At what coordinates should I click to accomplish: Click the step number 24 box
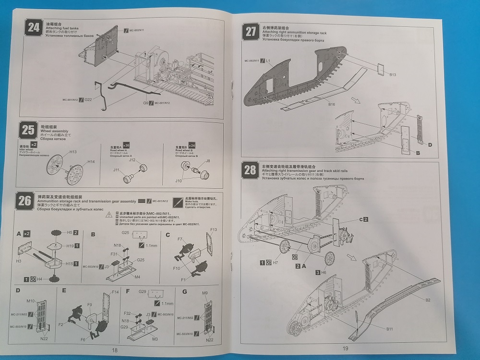click(33, 27)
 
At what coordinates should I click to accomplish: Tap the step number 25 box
click(28, 131)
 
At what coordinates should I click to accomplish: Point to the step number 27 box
click(251, 32)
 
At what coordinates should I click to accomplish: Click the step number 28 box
click(251, 170)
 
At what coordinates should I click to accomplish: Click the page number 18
click(114, 350)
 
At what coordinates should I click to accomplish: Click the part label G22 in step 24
click(88, 100)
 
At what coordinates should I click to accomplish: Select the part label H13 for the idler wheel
click(72, 152)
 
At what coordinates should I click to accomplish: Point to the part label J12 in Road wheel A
click(132, 160)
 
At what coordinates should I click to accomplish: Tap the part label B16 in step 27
click(332, 104)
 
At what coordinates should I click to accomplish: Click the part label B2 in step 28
click(428, 300)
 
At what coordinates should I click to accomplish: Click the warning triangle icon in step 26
click(109, 215)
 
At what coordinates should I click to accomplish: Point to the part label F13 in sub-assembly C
click(214, 229)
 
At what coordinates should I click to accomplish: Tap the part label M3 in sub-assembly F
click(155, 339)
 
